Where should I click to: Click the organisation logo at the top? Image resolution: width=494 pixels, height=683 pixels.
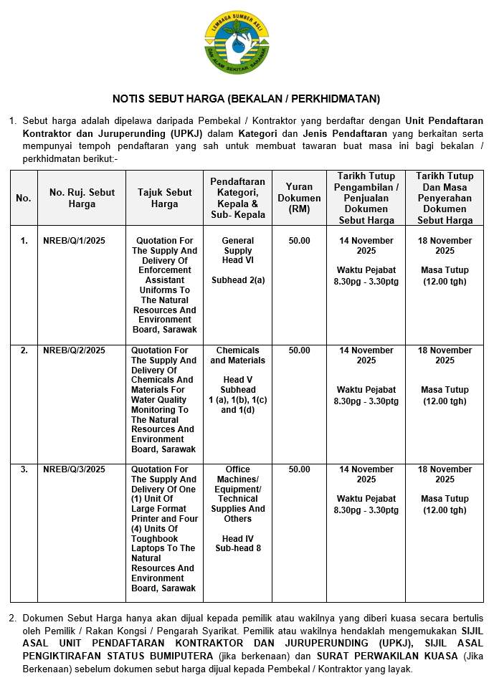[237, 42]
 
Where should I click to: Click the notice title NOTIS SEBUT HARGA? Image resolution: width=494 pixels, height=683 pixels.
[246, 98]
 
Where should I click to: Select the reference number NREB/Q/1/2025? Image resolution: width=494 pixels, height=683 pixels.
[74, 241]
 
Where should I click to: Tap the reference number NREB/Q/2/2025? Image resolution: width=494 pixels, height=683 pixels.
[74, 350]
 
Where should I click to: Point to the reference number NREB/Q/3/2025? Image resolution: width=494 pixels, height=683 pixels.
[74, 469]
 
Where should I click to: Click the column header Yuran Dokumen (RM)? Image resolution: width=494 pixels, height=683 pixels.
[299, 198]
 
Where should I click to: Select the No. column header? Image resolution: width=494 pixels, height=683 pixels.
[24, 198]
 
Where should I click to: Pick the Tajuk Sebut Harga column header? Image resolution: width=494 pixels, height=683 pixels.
[164, 198]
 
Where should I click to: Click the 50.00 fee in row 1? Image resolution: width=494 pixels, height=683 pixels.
[299, 241]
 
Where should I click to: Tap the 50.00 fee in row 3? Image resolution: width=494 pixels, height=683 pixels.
[299, 469]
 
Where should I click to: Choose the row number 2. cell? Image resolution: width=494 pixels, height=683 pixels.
[24, 350]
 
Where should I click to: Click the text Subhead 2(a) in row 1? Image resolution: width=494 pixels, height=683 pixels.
[238, 280]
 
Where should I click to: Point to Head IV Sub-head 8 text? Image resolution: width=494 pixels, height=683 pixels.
[238, 543]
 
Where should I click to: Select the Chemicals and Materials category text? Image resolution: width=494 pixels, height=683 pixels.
[238, 355]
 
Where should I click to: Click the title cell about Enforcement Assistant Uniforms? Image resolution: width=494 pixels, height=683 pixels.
[164, 285]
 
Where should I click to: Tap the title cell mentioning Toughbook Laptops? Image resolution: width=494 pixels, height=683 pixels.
[164, 529]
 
